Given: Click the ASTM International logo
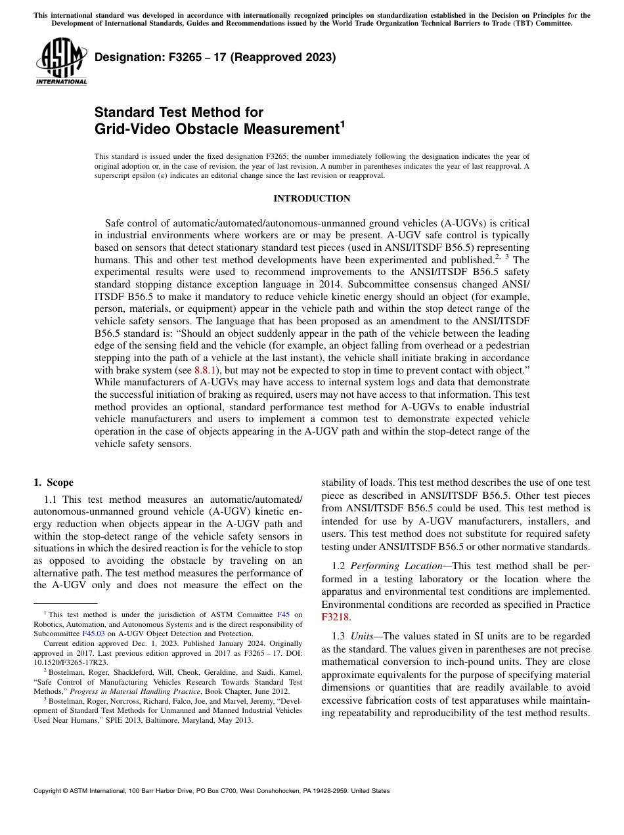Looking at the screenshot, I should pos(61,62).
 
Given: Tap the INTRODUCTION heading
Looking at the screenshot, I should pos(312,198).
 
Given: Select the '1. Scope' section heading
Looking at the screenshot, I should pos(54,482).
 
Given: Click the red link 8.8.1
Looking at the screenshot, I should pos(204,370).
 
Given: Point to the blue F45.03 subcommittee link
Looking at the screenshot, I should pos(92,633).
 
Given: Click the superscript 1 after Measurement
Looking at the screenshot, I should pos(342,123).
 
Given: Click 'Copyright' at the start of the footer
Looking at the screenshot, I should pos(50,791).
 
